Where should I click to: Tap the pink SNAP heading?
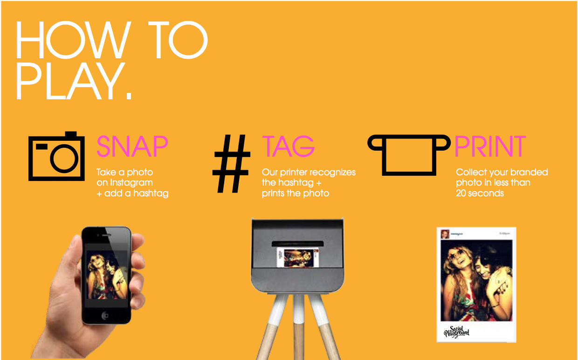click(132, 146)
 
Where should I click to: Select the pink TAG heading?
click(288, 146)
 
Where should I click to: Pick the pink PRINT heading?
click(490, 146)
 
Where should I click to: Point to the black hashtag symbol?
click(231, 164)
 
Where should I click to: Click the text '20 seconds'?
click(480, 193)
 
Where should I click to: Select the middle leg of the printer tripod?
click(299, 326)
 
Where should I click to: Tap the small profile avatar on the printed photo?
click(445, 234)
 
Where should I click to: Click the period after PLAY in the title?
click(129, 97)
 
